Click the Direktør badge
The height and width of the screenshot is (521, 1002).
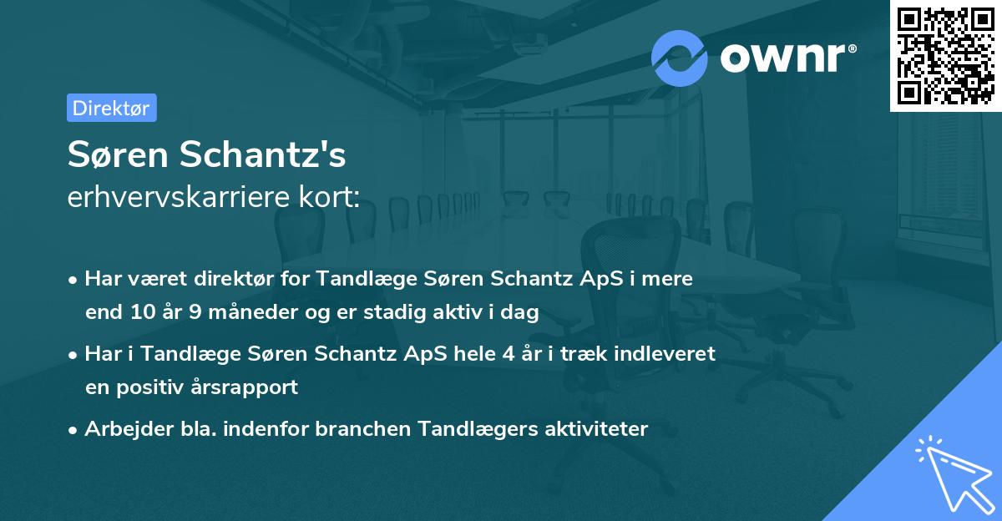point(111,108)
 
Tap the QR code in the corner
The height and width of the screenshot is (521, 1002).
point(946,55)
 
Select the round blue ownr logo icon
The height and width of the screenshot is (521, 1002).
point(680,58)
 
